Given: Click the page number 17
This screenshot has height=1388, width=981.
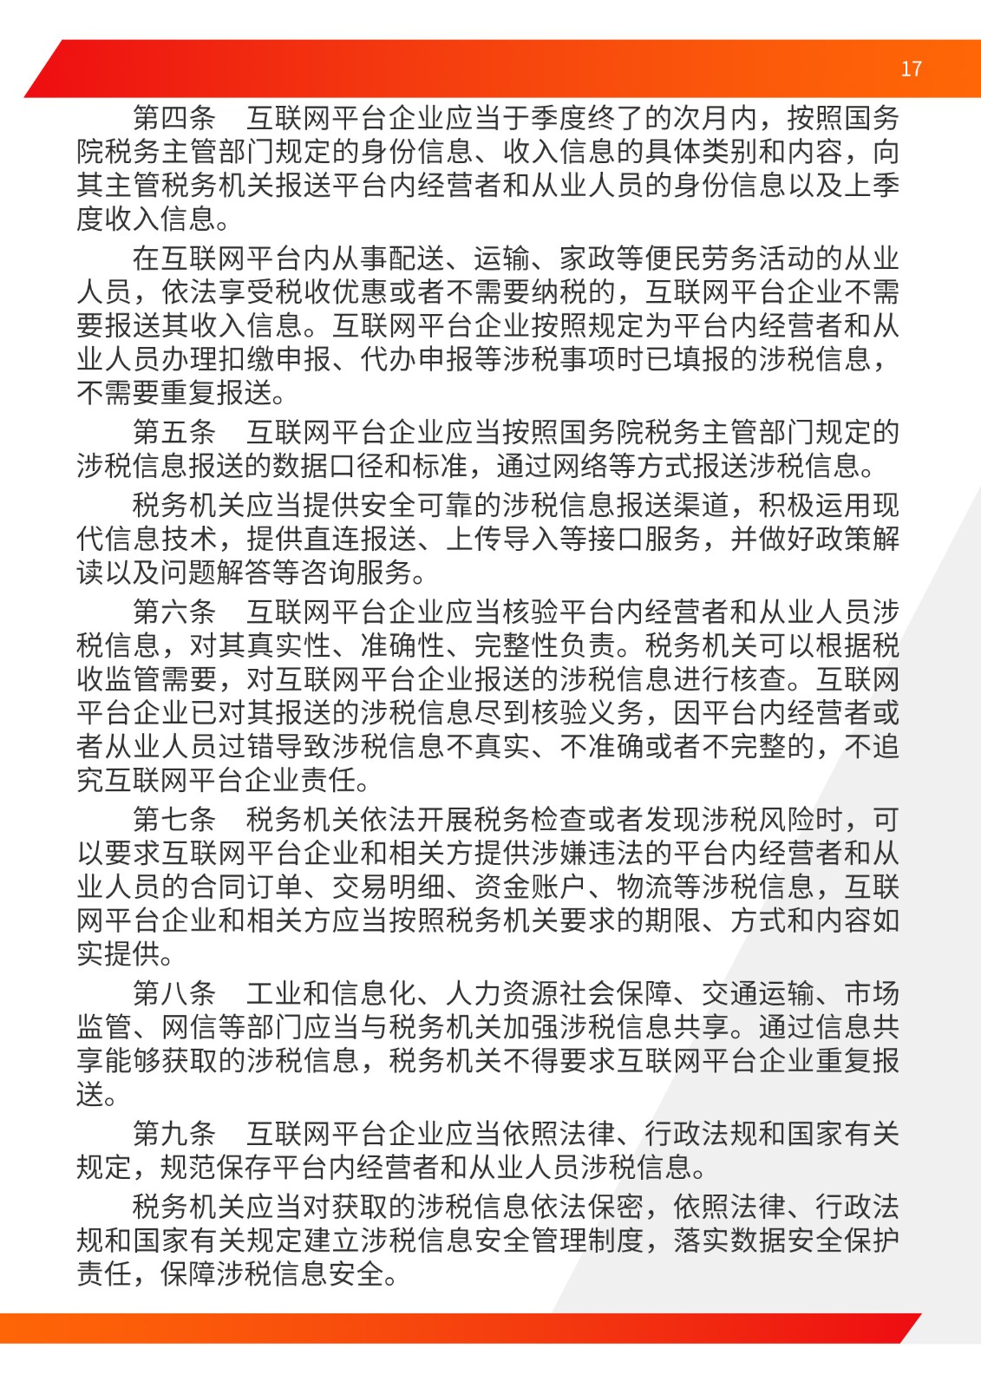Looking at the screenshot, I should [x=911, y=69].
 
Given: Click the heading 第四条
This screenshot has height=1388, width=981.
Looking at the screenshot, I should [x=173, y=117].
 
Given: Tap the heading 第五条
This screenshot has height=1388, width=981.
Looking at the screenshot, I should [x=173, y=431].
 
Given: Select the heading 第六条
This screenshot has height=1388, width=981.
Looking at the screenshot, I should [x=173, y=612].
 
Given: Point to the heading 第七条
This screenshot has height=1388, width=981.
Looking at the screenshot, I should [x=173, y=819].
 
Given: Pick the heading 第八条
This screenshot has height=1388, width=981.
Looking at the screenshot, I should [x=173, y=993].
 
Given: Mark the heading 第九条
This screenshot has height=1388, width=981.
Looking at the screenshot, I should [x=173, y=1133].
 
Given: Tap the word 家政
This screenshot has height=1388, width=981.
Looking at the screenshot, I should [x=586, y=258].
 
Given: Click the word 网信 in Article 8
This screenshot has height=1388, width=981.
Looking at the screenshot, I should [x=189, y=1027].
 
